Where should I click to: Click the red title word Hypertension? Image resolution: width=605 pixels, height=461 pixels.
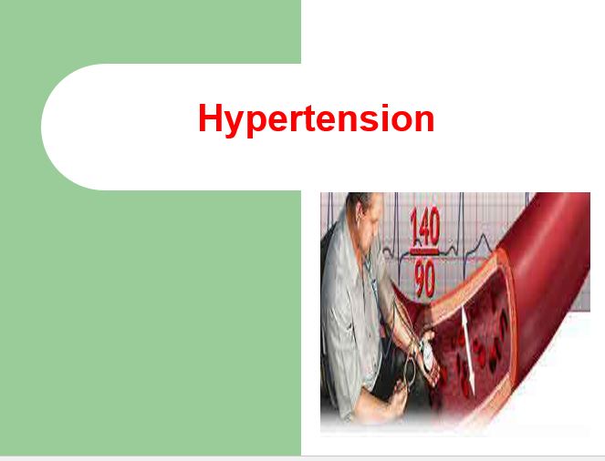click(x=317, y=119)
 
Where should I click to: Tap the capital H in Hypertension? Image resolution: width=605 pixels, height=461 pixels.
click(x=211, y=118)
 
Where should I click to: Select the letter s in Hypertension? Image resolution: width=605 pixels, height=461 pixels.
click(x=364, y=121)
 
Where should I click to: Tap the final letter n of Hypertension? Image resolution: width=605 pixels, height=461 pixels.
click(x=423, y=121)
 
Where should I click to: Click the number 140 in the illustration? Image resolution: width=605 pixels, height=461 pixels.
click(x=425, y=227)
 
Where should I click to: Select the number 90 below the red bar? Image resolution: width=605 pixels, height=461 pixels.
click(x=424, y=279)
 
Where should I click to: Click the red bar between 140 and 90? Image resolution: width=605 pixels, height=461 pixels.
click(x=424, y=251)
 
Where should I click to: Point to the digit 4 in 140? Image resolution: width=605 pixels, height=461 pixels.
click(x=422, y=227)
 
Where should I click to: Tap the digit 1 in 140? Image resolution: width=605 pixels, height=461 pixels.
click(x=413, y=227)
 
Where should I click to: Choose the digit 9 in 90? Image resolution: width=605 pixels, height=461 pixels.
click(x=420, y=279)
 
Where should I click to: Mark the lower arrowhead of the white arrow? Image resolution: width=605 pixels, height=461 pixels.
click(x=472, y=385)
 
